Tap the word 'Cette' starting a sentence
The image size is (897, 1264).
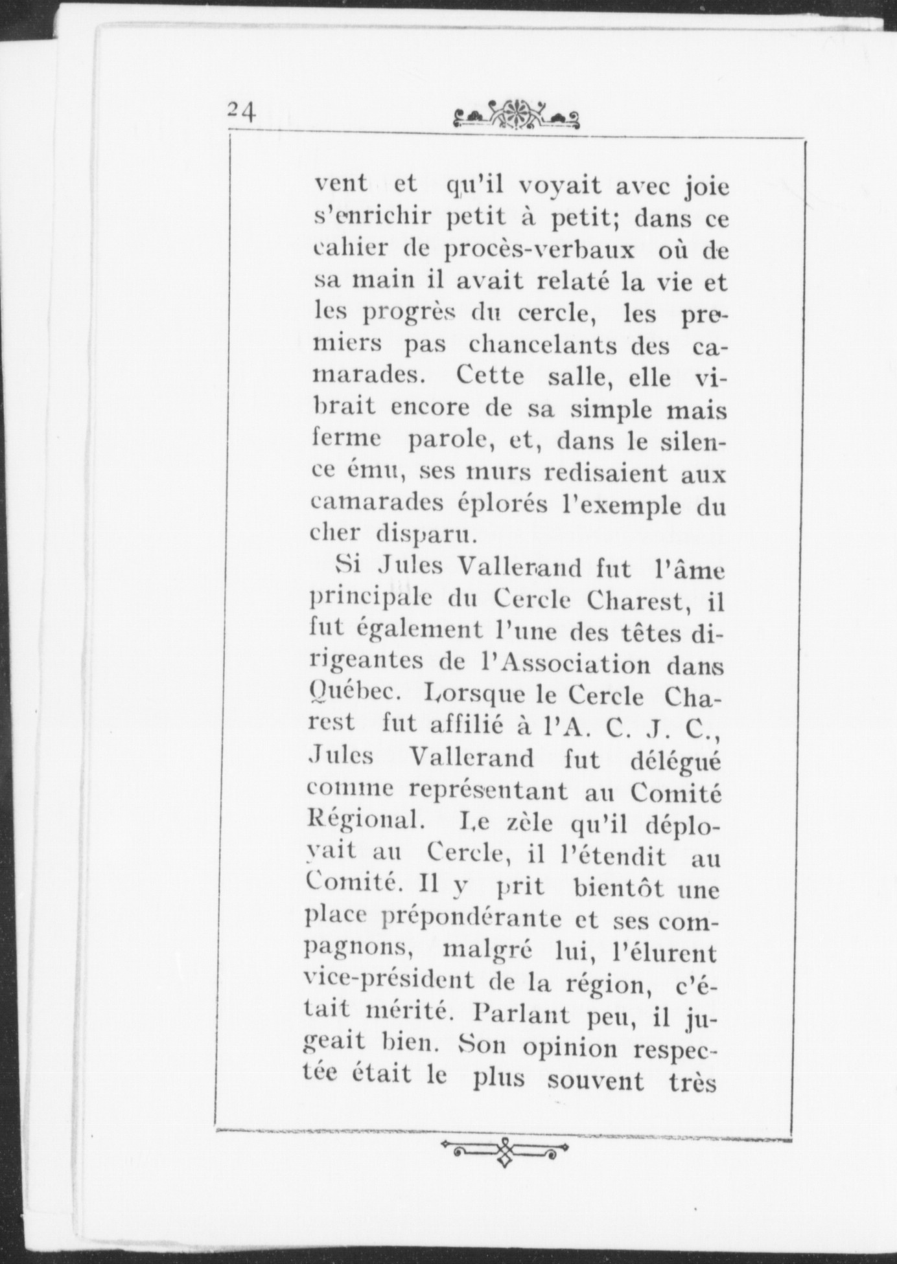tap(489, 376)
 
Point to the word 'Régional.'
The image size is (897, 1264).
tap(366, 822)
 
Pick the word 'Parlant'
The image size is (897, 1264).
tap(517, 1013)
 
